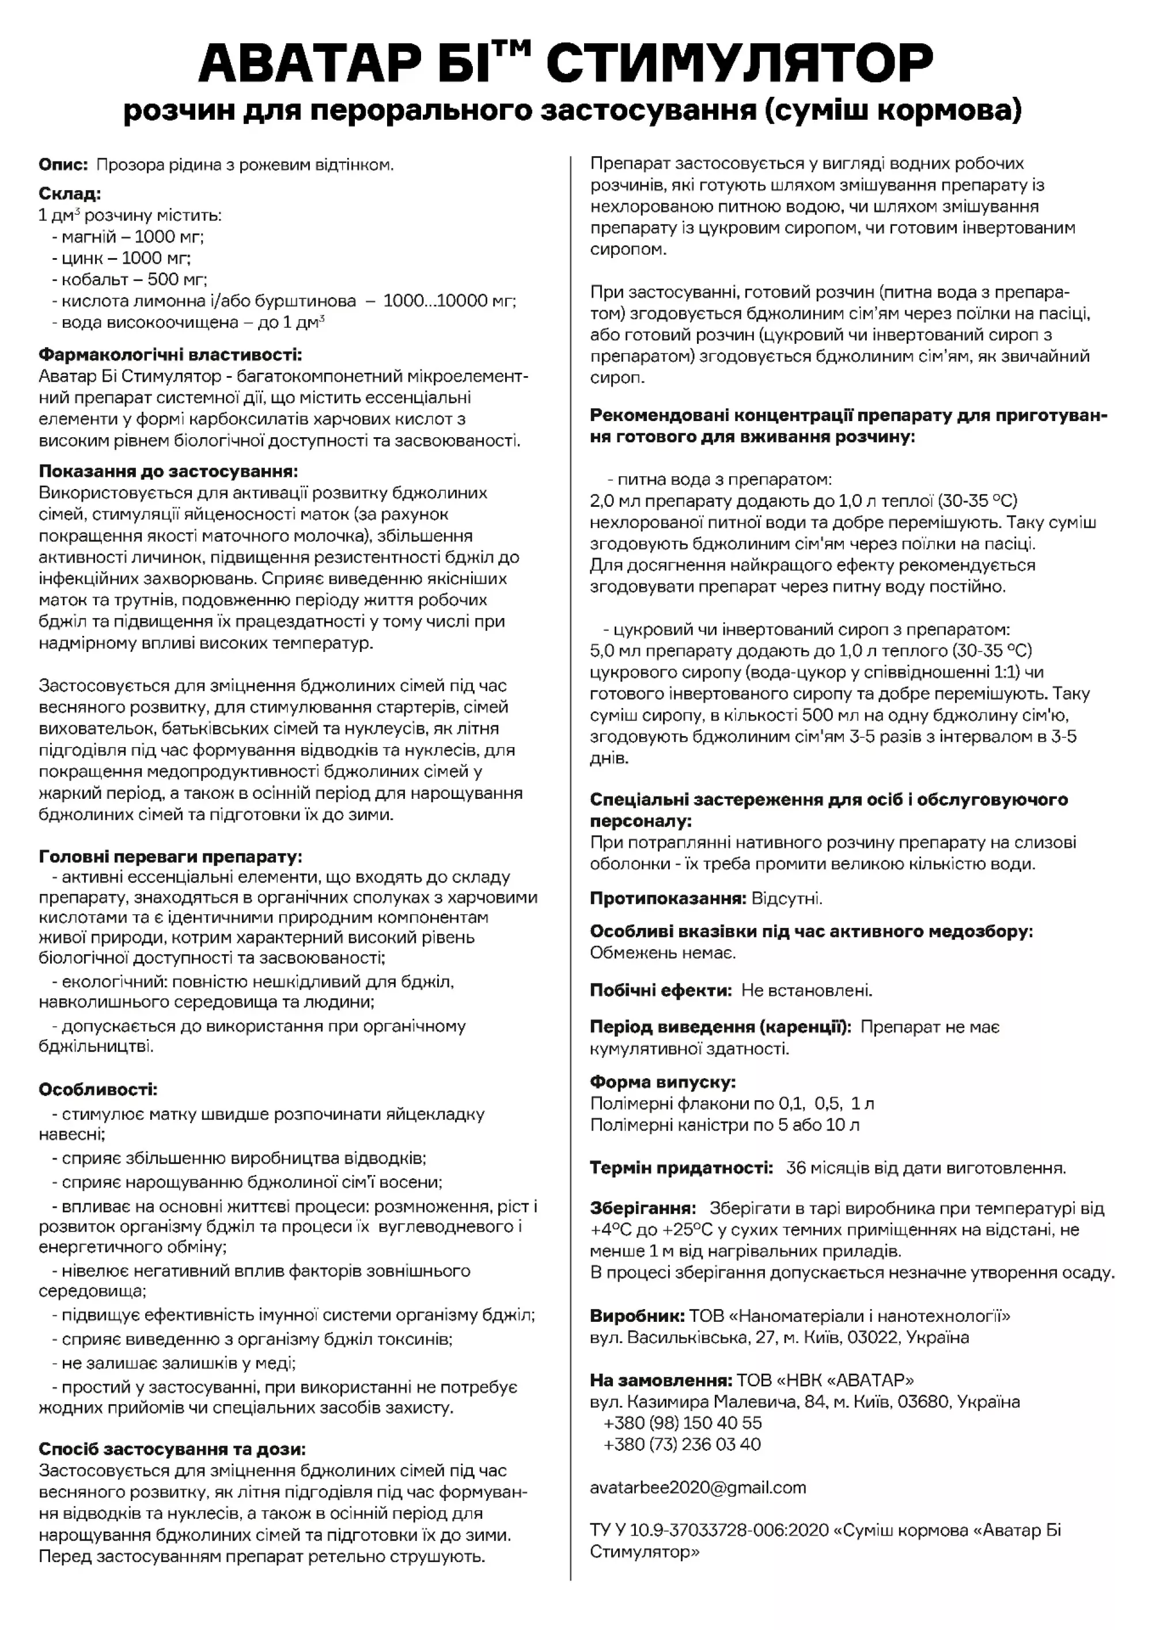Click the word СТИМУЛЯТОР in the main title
click(x=739, y=63)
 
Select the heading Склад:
click(x=70, y=193)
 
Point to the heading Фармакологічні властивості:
click(x=170, y=354)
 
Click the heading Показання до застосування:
click(x=168, y=471)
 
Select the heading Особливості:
click(x=98, y=1089)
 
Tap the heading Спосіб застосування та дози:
click(x=172, y=1449)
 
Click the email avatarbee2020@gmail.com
click(x=698, y=1487)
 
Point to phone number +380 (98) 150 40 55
click(x=682, y=1423)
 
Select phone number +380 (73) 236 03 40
click(x=682, y=1444)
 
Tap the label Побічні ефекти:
click(x=660, y=990)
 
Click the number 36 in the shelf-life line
click(x=795, y=1168)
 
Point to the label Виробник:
click(x=636, y=1316)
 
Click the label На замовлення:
click(x=660, y=1380)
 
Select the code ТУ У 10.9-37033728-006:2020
click(x=708, y=1530)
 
